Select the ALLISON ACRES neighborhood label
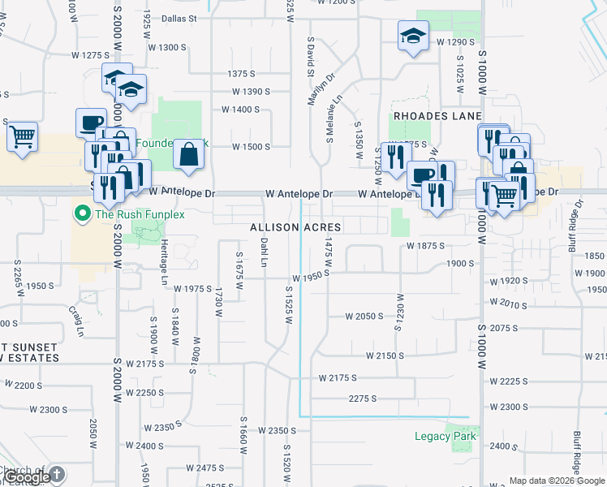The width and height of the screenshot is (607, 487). click(x=295, y=227)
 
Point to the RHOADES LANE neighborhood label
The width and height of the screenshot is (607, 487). click(x=433, y=116)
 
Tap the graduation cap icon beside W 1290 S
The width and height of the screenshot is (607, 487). click(x=413, y=36)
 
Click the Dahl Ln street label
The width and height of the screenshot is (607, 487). click(x=264, y=252)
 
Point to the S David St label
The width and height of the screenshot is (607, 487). click(x=311, y=56)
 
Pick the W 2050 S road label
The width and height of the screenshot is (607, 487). click(x=364, y=317)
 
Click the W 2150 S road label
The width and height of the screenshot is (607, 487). click(x=385, y=356)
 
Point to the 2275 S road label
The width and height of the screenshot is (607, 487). click(x=363, y=398)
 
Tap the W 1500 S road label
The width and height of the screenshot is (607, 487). click(x=251, y=147)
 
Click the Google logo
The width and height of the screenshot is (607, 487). click(x=28, y=477)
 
